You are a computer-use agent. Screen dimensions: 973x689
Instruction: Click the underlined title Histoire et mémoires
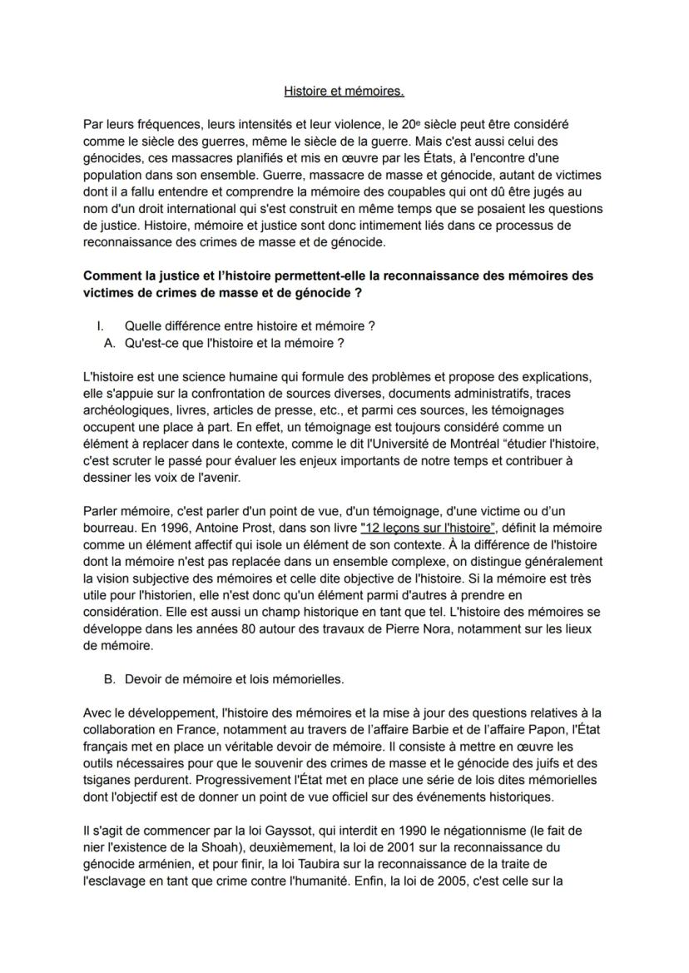coord(344,90)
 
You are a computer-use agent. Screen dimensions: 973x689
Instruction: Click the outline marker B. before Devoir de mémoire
coord(109,678)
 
